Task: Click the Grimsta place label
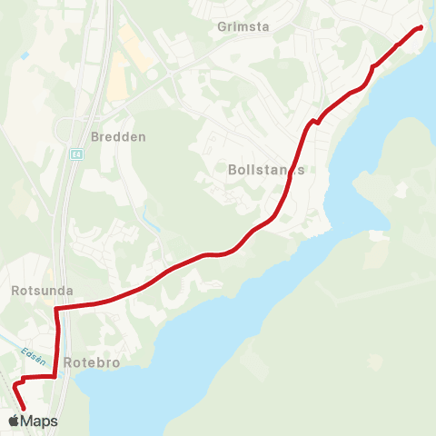point(243,26)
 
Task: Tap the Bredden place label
point(118,137)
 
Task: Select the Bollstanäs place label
point(266,170)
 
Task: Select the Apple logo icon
point(15,421)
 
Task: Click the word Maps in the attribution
point(39,421)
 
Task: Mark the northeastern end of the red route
point(421,28)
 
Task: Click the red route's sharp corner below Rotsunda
point(56,310)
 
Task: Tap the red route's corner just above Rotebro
point(55,374)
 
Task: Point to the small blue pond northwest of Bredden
point(24,56)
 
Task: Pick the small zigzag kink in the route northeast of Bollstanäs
point(315,122)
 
